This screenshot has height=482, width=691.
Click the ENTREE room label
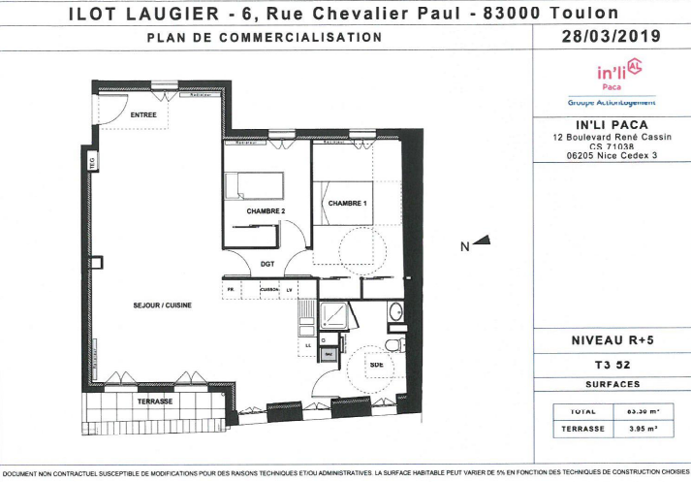[143, 115]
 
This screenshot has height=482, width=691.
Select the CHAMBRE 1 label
[347, 203]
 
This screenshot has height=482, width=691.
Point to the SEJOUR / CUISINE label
[162, 305]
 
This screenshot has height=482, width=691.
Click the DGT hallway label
[268, 263]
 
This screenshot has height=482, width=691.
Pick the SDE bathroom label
[375, 365]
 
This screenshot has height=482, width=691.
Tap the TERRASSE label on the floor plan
[154, 402]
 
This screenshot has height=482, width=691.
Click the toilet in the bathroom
[393, 344]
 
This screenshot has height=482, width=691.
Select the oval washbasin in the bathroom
[394, 312]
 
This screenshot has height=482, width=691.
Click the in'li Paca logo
[617, 73]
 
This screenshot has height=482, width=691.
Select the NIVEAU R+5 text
[612, 340]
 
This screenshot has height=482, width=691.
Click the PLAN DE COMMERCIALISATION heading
[264, 38]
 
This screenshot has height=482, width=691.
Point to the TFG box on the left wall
[93, 162]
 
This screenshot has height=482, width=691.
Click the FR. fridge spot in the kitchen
[232, 290]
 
